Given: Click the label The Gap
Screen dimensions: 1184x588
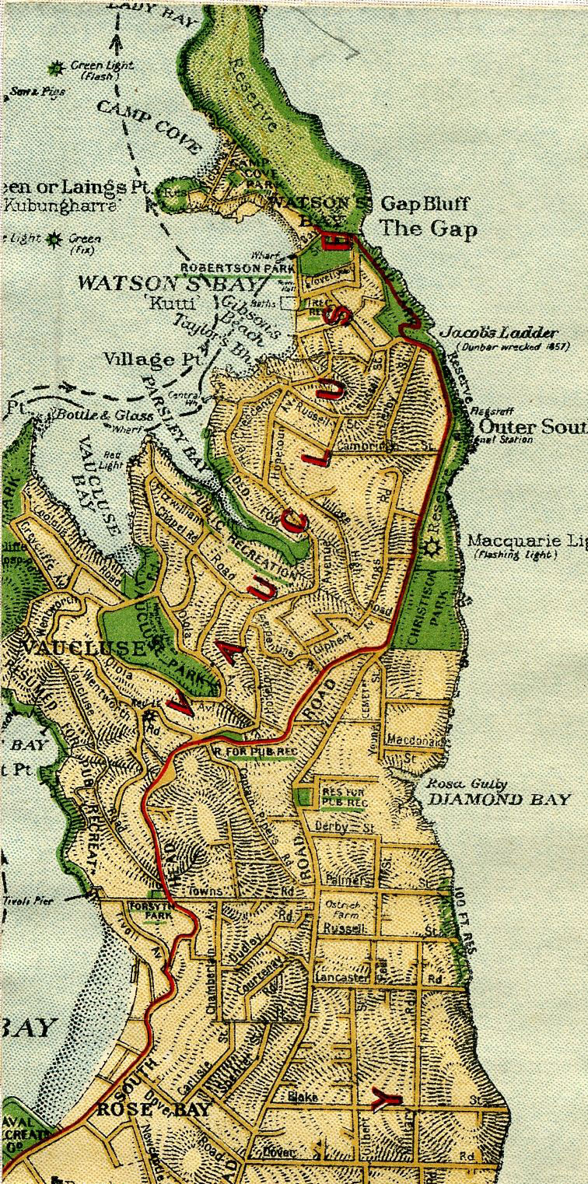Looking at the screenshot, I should pyautogui.click(x=428, y=229).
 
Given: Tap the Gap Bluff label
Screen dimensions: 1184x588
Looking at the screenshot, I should pyautogui.click(x=424, y=205).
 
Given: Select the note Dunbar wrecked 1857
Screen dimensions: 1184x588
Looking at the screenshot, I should pyautogui.click(x=513, y=346).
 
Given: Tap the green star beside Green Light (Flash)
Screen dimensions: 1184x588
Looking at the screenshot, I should pyautogui.click(x=56, y=68).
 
